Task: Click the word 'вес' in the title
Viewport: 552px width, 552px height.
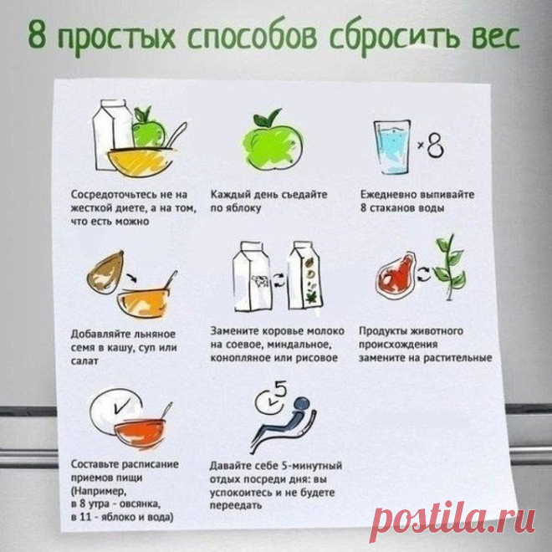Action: pyautogui.click(x=496, y=37)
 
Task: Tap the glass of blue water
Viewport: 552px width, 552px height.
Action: pyautogui.click(x=391, y=147)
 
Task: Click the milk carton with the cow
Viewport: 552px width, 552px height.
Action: pyautogui.click(x=252, y=277)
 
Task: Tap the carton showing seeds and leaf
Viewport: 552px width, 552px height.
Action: pyautogui.click(x=304, y=276)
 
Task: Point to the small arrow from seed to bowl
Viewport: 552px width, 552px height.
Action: pyautogui.click(x=131, y=276)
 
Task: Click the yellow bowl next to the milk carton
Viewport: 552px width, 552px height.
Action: pyautogui.click(x=141, y=162)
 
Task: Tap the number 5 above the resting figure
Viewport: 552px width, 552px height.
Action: pyautogui.click(x=280, y=390)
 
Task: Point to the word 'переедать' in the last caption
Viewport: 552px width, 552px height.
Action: pyautogui.click(x=236, y=506)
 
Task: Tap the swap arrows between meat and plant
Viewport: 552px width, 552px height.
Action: pyautogui.click(x=424, y=274)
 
